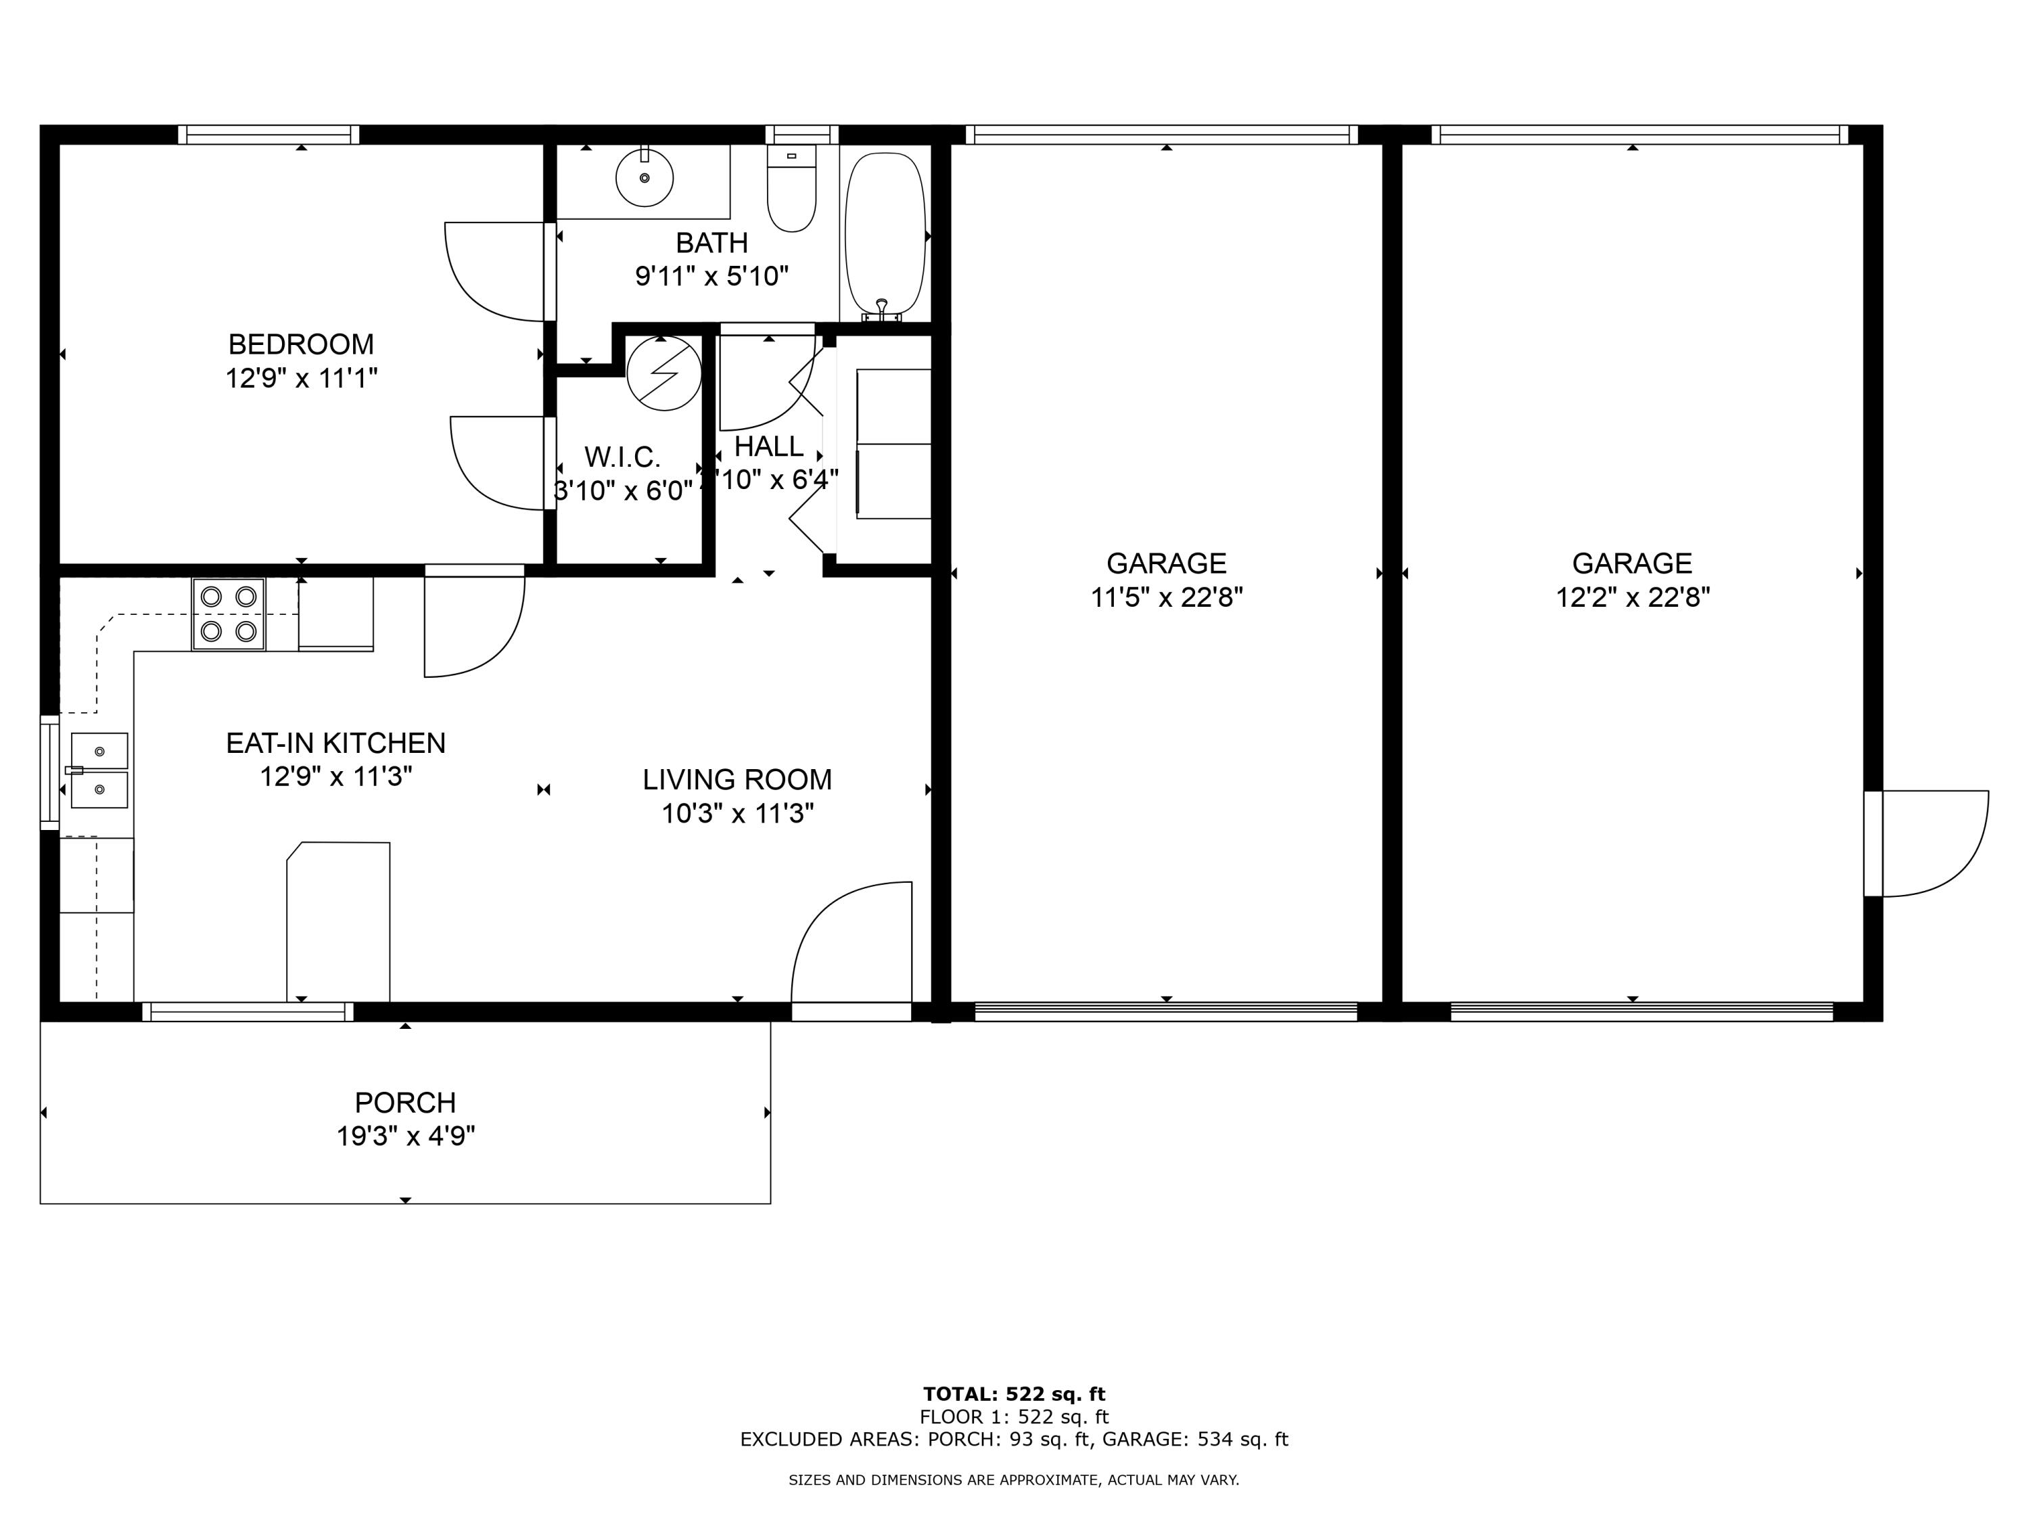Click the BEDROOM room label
pyautogui.click(x=301, y=344)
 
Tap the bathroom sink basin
pyautogui.click(x=644, y=178)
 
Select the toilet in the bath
pyautogui.click(x=791, y=193)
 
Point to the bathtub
pyautogui.click(x=884, y=234)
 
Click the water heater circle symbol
pyautogui.click(x=664, y=373)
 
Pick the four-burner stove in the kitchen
pyautogui.click(x=229, y=614)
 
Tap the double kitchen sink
pyautogui.click(x=99, y=770)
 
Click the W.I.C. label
pyautogui.click(x=622, y=457)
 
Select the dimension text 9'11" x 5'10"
pyautogui.click(x=712, y=276)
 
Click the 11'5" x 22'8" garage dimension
pyautogui.click(x=1166, y=598)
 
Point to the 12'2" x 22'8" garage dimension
pyautogui.click(x=1632, y=598)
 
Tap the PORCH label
pyautogui.click(x=404, y=1102)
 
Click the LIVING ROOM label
pyautogui.click(x=737, y=780)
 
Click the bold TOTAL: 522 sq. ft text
pyautogui.click(x=1014, y=1394)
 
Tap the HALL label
pyautogui.click(x=769, y=446)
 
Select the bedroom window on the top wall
pyautogui.click(x=268, y=135)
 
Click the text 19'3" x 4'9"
pyautogui.click(x=404, y=1136)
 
